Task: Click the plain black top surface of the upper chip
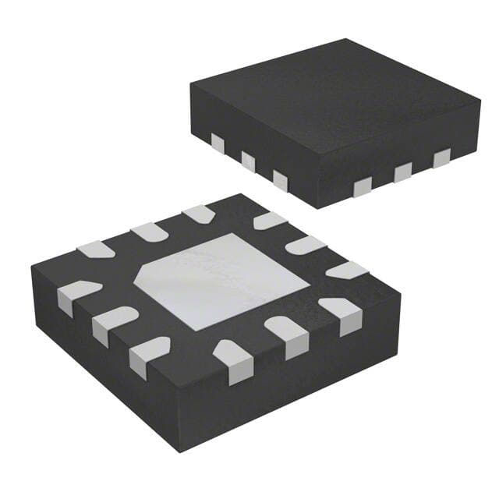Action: click(x=335, y=101)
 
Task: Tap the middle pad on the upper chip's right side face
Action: click(x=402, y=172)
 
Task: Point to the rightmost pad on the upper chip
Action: click(x=441, y=157)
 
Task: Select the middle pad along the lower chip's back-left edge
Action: click(x=147, y=231)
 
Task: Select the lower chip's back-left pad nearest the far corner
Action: click(x=197, y=213)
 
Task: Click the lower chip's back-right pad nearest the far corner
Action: click(x=269, y=221)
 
